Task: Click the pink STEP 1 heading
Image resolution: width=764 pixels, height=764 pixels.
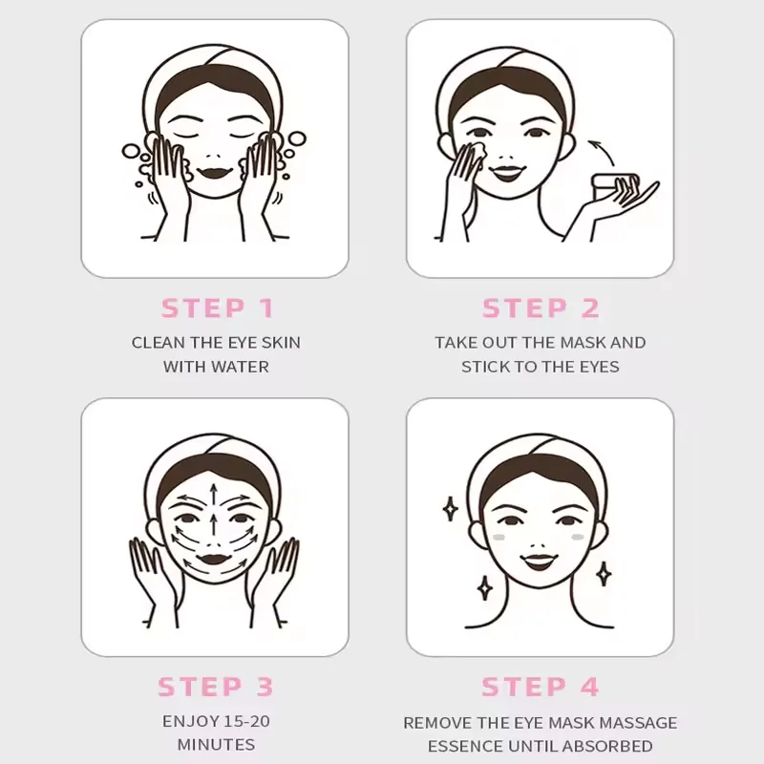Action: (x=218, y=308)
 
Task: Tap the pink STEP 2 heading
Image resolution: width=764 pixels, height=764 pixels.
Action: (x=541, y=308)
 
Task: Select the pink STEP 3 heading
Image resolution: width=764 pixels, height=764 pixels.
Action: (x=216, y=687)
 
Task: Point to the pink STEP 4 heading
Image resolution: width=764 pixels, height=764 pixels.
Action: (x=541, y=687)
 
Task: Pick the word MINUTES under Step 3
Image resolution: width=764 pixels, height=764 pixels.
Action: (x=216, y=745)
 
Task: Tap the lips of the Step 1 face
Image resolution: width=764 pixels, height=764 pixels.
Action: (x=215, y=173)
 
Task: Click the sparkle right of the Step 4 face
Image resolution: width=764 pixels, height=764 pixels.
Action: (x=604, y=573)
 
